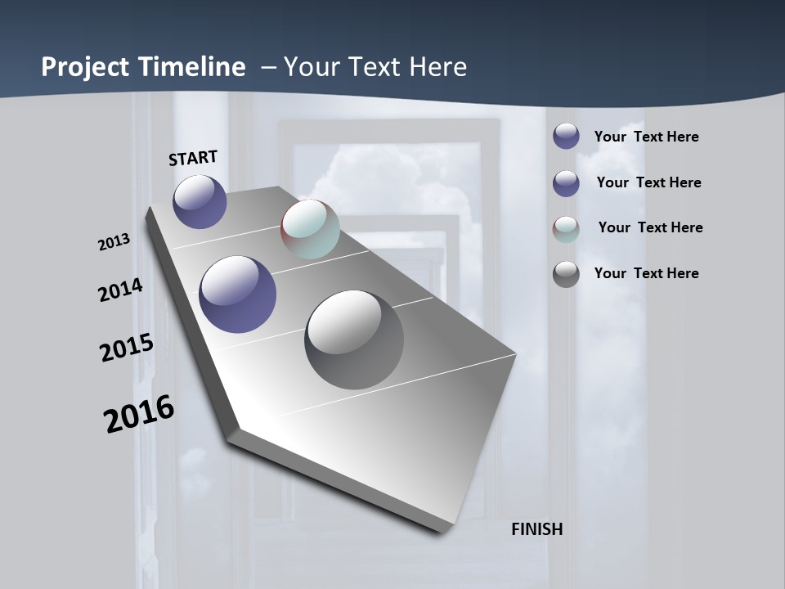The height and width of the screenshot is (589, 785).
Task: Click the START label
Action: (x=193, y=157)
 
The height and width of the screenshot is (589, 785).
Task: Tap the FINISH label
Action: (x=536, y=529)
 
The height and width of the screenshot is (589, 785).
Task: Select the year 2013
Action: (x=114, y=242)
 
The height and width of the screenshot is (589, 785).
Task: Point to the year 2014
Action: (x=120, y=290)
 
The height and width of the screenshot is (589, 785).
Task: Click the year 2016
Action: (x=139, y=415)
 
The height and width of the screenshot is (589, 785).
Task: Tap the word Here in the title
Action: (x=437, y=67)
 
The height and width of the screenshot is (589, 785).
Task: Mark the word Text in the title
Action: (x=373, y=67)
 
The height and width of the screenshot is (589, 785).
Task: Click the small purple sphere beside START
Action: (x=200, y=201)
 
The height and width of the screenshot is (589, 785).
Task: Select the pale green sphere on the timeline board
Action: (x=310, y=229)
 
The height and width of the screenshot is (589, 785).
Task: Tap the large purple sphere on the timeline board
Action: (x=237, y=294)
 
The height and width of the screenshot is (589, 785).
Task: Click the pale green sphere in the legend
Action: (x=566, y=229)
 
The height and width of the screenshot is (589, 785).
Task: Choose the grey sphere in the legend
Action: (x=566, y=274)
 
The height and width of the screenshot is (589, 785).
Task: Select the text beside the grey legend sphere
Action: (x=646, y=273)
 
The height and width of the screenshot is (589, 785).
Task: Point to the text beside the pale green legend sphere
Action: (x=650, y=227)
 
